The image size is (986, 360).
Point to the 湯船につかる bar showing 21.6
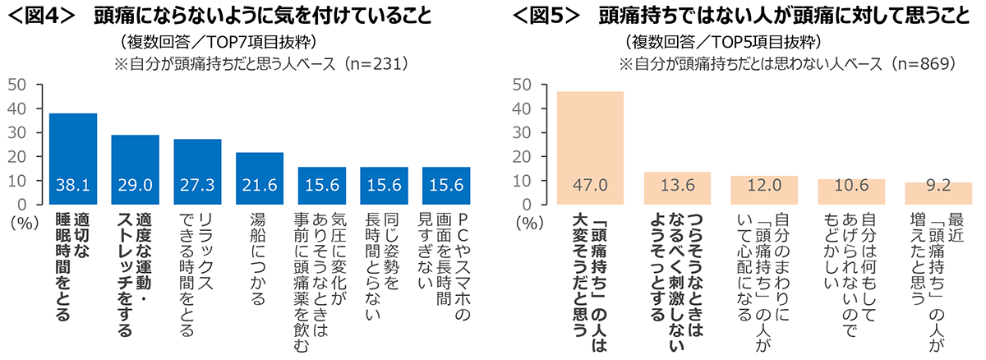click(x=260, y=178)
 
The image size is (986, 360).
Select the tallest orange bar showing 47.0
click(x=590, y=148)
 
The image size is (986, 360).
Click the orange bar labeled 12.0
click(x=764, y=189)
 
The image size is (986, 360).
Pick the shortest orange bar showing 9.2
click(x=938, y=193)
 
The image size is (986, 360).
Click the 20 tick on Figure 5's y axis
click(x=520, y=156)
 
